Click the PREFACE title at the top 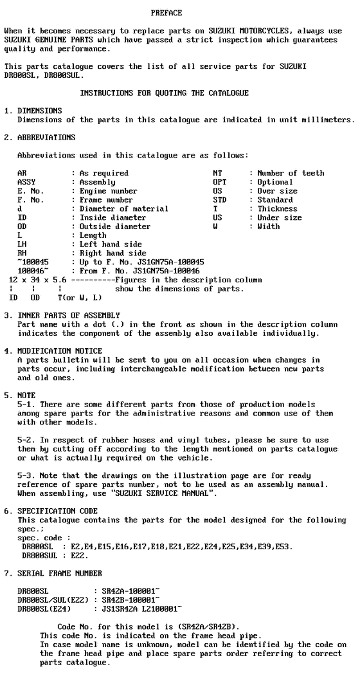click(166, 13)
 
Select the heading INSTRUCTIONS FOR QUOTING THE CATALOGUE click(164, 93)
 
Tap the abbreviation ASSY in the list click(26, 182)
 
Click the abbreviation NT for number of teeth click(217, 173)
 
